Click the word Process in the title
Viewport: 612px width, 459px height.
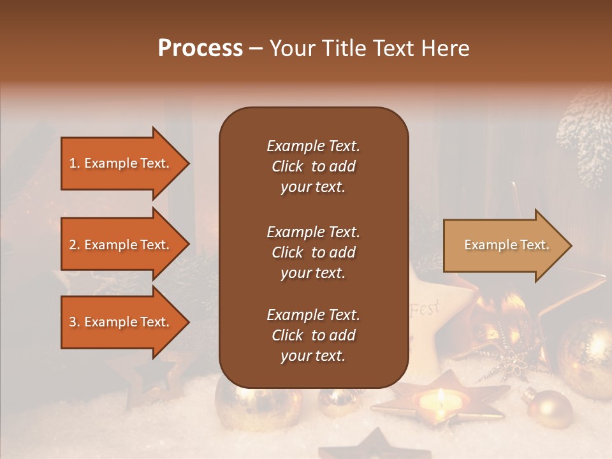click(200, 48)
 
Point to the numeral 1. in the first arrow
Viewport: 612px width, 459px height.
click(75, 163)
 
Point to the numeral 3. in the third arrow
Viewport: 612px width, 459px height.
click(75, 322)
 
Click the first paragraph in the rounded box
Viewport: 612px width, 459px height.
click(313, 166)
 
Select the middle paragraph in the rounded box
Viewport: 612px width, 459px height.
click(313, 252)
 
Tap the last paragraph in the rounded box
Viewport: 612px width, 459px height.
click(313, 335)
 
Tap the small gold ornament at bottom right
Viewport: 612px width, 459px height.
click(550, 408)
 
